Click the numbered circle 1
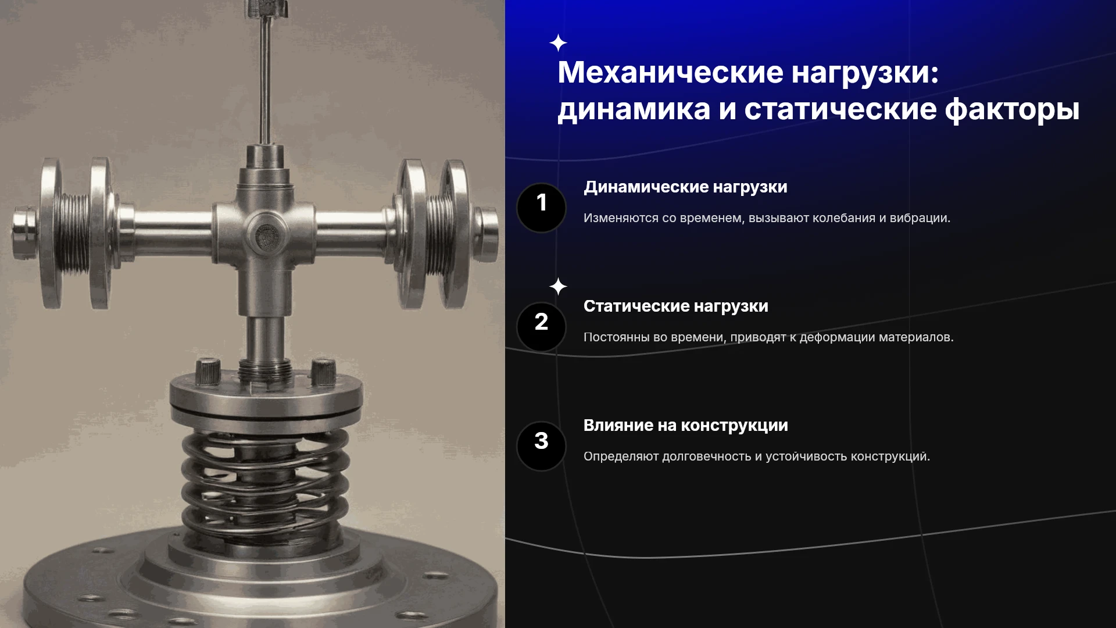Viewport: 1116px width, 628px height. [x=541, y=208]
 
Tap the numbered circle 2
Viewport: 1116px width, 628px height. [x=541, y=327]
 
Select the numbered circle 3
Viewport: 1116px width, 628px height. [x=541, y=446]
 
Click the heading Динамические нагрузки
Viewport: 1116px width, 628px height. [x=685, y=187]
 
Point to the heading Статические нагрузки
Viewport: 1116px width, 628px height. [x=675, y=306]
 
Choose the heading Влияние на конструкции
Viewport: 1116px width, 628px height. [x=685, y=426]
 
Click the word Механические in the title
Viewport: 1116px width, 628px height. [x=670, y=72]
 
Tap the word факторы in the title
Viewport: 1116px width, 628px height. [x=1012, y=109]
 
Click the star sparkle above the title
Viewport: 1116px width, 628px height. [x=558, y=43]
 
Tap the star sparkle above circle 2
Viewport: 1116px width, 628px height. [x=558, y=287]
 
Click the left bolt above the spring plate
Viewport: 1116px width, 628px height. [x=208, y=372]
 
